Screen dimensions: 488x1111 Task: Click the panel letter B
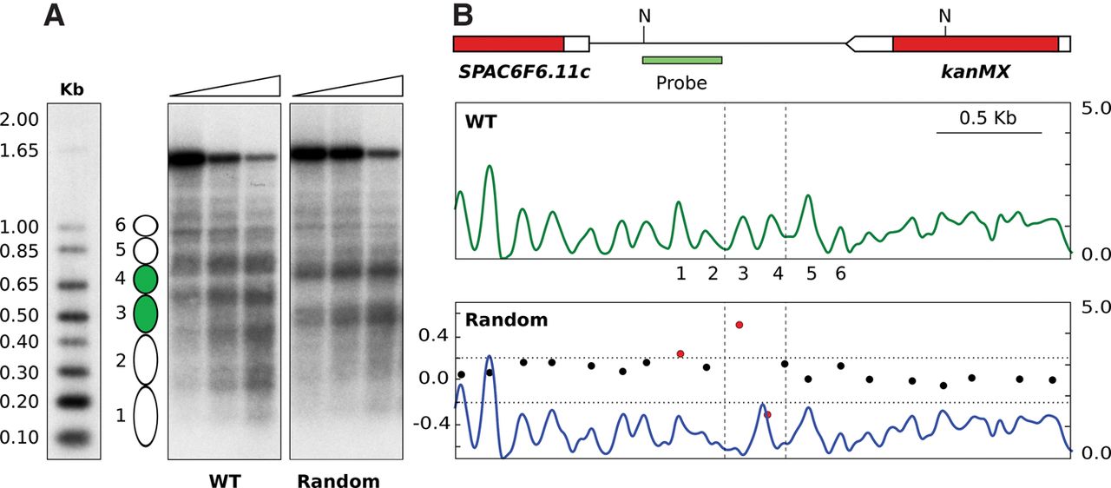pos(463,16)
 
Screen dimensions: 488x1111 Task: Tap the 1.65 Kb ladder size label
pos(20,150)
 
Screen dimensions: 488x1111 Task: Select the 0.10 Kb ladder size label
pos(20,437)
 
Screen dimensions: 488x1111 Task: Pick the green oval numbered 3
pos(146,313)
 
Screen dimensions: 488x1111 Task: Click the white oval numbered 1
pos(146,416)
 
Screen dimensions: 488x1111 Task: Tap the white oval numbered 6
pos(146,226)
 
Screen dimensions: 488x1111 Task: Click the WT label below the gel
pos(224,479)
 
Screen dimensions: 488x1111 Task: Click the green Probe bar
pos(682,60)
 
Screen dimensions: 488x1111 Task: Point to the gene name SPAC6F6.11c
pos(524,71)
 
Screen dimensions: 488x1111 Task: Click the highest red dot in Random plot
pos(739,325)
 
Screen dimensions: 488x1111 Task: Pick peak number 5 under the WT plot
pos(812,274)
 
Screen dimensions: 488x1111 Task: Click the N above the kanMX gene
pos(944,16)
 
